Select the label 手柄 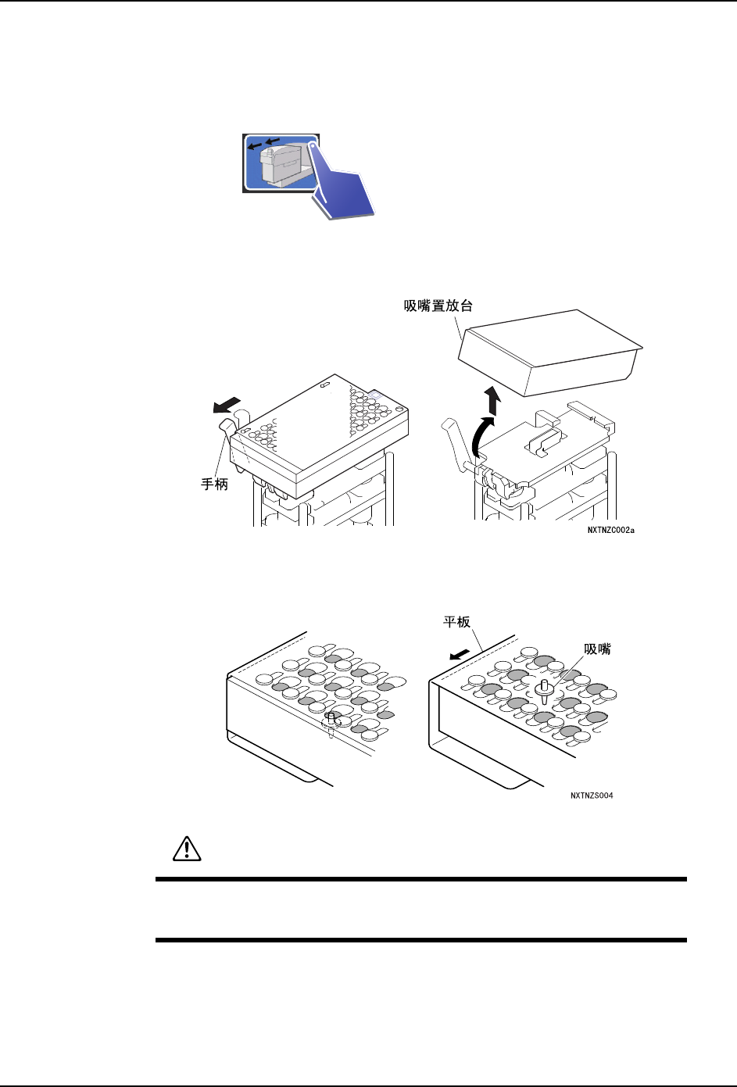tap(214, 485)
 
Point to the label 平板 tap(456, 622)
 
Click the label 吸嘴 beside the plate tap(598, 649)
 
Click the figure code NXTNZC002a tap(610, 531)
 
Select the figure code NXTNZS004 tap(592, 796)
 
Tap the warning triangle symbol tap(185, 849)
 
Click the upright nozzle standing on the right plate tap(544, 691)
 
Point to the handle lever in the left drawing tap(227, 431)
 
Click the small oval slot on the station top tap(326, 384)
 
